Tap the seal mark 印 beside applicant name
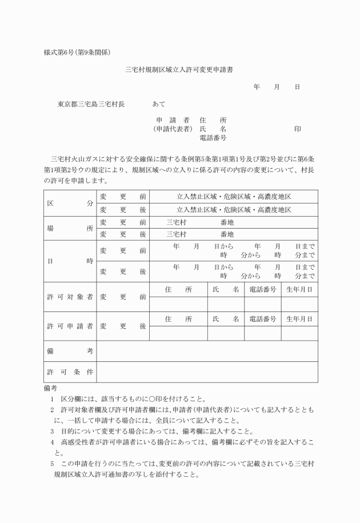[298, 129]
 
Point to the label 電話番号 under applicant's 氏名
[213, 138]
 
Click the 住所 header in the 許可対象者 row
[178, 290]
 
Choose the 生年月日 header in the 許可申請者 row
[299, 319]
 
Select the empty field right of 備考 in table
[207, 351]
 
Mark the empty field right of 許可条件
[207, 372]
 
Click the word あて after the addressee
[159, 105]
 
